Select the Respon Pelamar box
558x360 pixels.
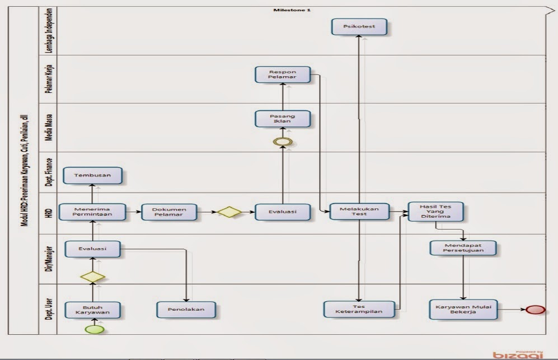tap(283, 74)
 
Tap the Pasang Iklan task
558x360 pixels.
tap(283, 119)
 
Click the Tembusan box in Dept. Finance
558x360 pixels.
tap(92, 175)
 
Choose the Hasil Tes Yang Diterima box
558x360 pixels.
tap(435, 212)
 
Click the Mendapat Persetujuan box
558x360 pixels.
tap(464, 248)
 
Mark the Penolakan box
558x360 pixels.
tap(186, 309)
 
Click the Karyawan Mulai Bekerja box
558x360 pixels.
tap(464, 309)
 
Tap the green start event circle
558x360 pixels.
tap(95, 328)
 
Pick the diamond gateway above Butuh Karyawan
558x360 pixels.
tap(92, 277)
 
